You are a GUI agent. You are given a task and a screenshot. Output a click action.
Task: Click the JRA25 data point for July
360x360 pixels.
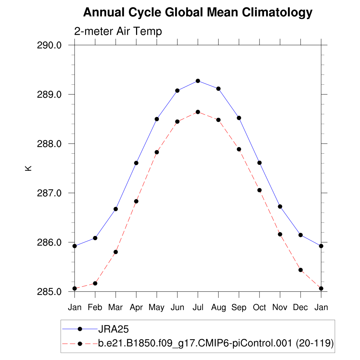[198, 81]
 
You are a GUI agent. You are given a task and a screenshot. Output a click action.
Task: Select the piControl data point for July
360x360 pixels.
[198, 112]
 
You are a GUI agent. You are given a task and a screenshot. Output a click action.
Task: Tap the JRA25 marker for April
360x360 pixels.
[136, 163]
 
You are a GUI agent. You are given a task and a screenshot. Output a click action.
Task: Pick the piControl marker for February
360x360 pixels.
[95, 283]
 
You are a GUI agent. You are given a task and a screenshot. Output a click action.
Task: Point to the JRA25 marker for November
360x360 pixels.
[280, 206]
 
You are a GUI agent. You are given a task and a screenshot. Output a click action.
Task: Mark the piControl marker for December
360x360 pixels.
[301, 270]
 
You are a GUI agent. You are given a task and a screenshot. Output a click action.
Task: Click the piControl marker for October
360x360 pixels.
[259, 190]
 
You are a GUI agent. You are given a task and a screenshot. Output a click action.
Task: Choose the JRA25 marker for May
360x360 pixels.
[157, 119]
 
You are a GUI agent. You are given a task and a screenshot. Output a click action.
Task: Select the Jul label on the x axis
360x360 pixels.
[198, 307]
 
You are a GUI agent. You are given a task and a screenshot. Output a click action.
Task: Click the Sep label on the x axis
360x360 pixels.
[239, 307]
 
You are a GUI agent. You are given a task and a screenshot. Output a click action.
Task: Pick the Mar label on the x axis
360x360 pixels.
[115, 307]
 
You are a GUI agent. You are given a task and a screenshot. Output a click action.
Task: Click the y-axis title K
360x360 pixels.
[29, 168]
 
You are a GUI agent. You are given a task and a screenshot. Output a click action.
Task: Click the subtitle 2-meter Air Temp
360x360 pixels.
[118, 31]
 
